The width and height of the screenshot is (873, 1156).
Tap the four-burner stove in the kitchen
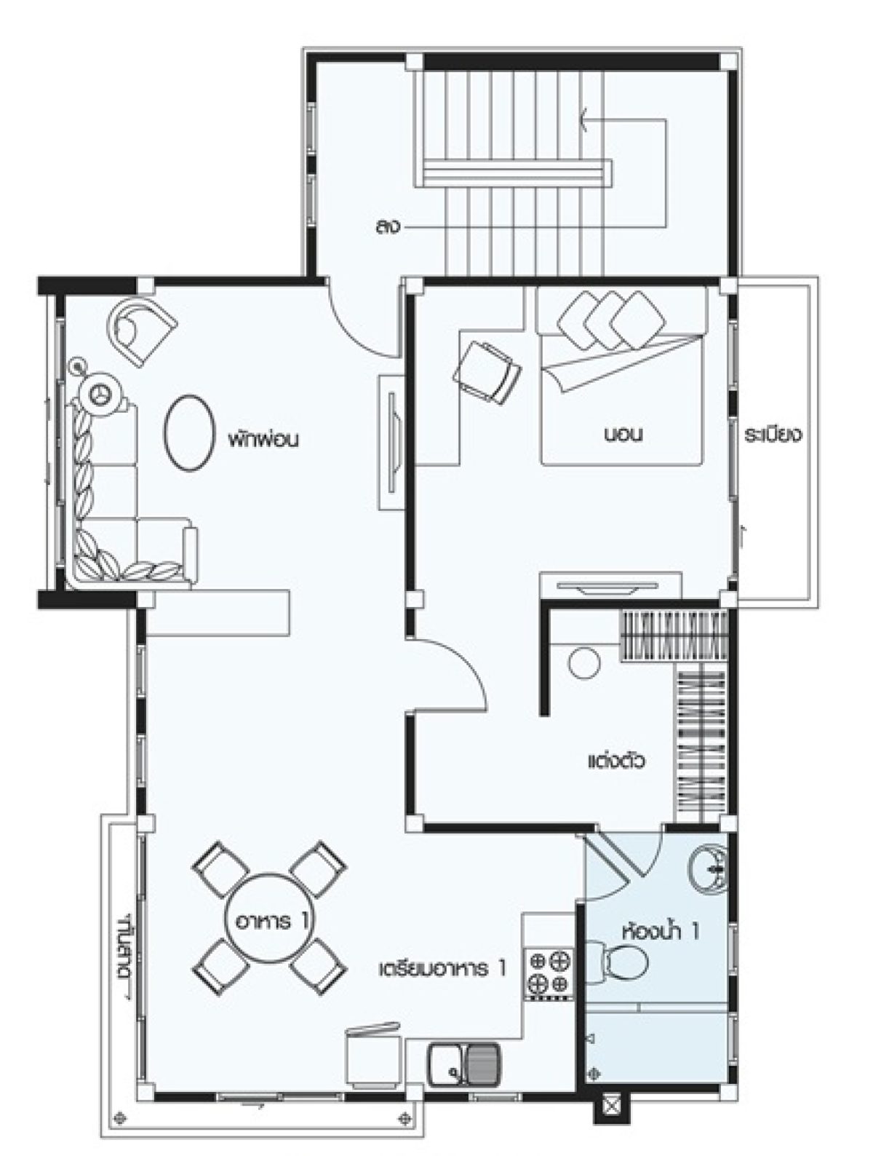(549, 972)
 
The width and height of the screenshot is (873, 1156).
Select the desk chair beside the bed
(487, 371)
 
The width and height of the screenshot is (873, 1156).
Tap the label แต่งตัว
(616, 762)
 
